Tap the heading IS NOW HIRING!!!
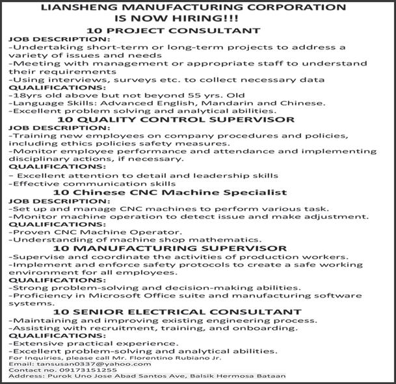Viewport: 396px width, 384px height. [x=196, y=19]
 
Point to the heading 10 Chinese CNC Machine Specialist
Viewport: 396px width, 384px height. [x=170, y=192]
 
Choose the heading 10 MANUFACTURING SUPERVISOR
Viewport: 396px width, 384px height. [x=170, y=248]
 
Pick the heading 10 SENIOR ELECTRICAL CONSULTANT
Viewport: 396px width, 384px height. [x=178, y=312]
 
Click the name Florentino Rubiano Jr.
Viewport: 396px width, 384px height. [x=173, y=358]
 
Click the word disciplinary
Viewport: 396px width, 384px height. [x=39, y=159]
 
